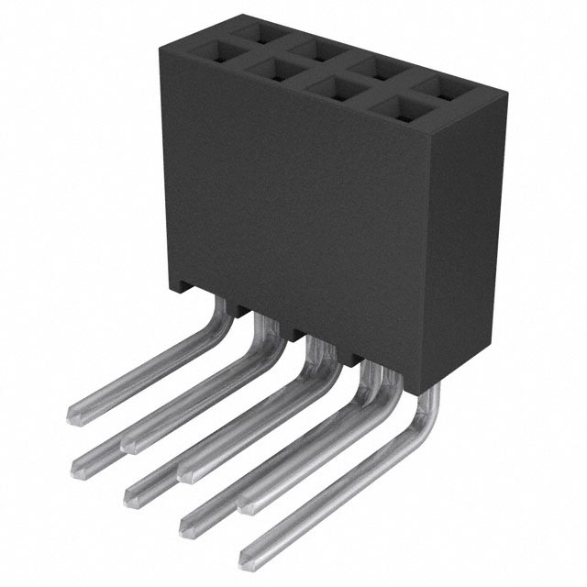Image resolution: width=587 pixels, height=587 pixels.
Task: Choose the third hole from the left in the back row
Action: (x=374, y=69)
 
